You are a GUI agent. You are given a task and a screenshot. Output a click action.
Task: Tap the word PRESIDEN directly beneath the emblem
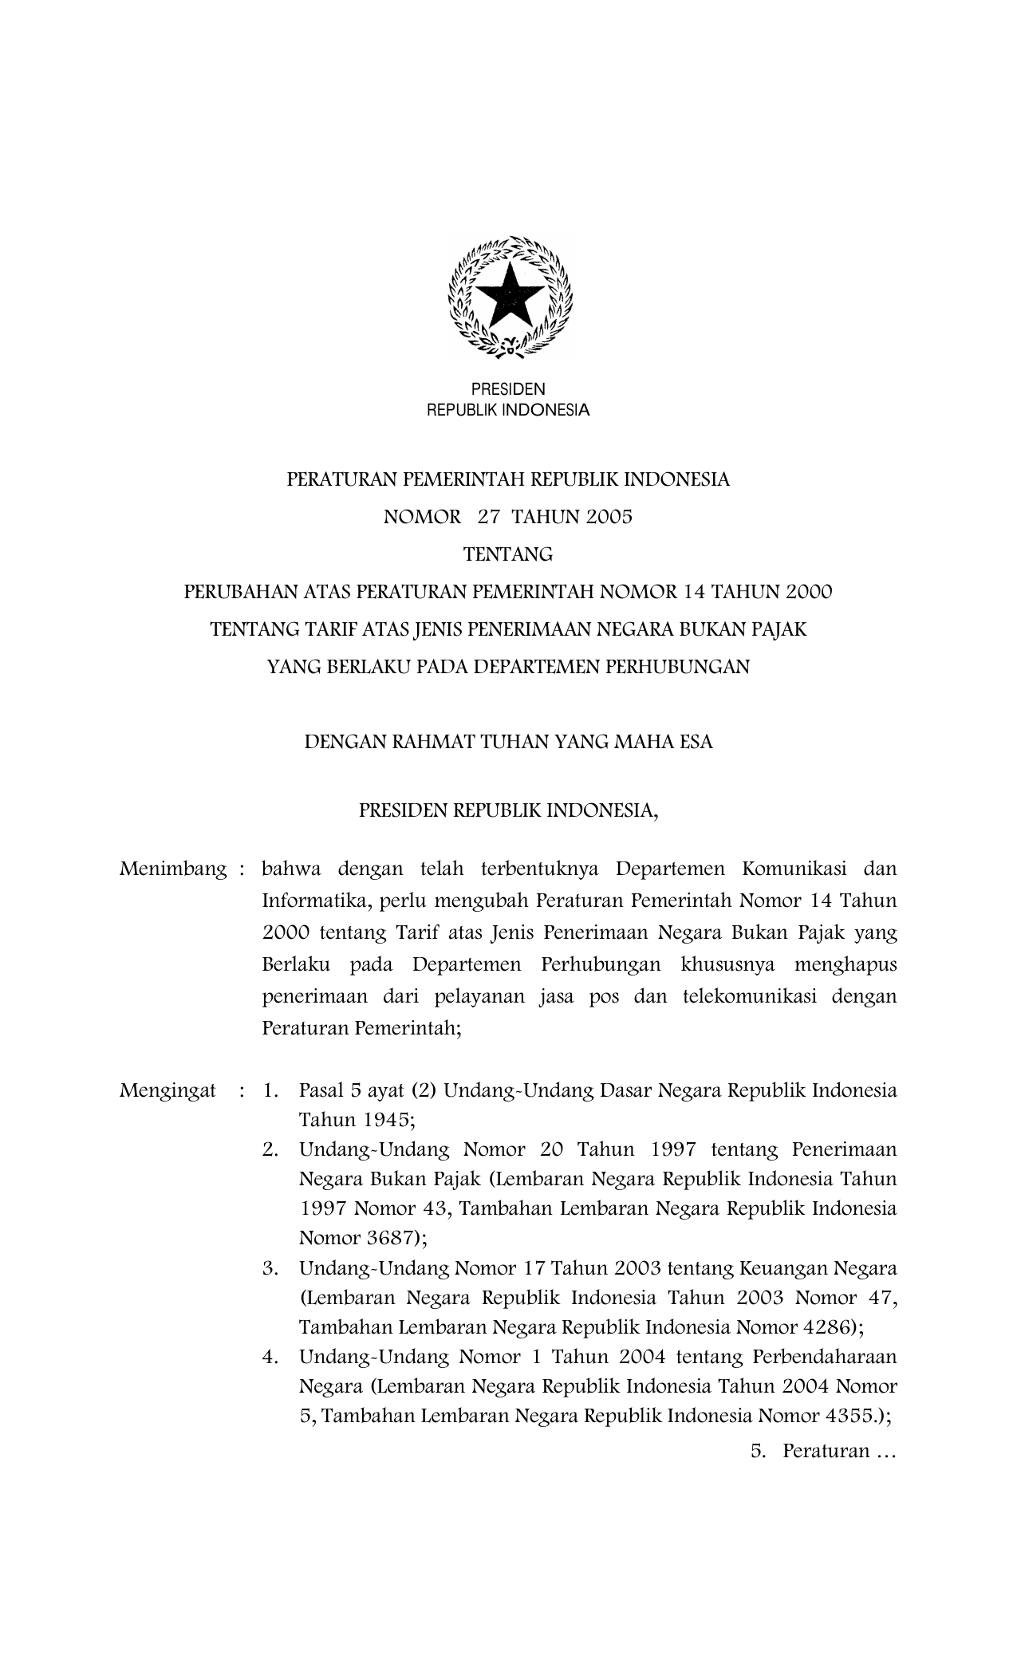pyautogui.click(x=508, y=389)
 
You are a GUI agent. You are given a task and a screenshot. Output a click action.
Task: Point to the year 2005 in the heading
pyautogui.click(x=609, y=517)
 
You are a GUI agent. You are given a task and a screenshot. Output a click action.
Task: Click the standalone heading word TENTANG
pyautogui.click(x=508, y=554)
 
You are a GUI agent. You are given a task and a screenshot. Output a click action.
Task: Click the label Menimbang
pyautogui.click(x=173, y=869)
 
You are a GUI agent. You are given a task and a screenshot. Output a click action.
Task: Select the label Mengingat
pyautogui.click(x=168, y=1090)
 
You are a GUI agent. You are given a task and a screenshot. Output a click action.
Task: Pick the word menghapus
pyautogui.click(x=846, y=964)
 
